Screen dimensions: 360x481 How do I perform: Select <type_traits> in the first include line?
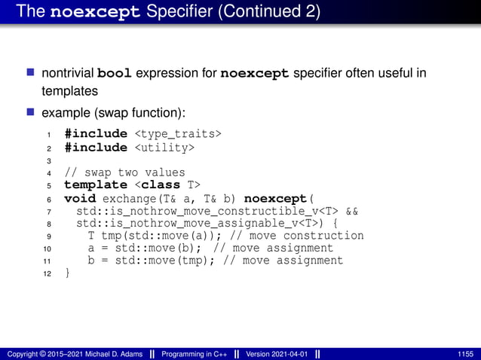[x=178, y=133]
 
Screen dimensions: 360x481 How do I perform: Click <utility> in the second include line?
[x=164, y=147]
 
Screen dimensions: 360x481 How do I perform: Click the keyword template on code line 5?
[x=95, y=185]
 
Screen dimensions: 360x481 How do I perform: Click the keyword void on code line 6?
[x=80, y=198]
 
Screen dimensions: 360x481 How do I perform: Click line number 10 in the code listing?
[x=47, y=249]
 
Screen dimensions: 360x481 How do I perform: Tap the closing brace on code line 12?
[x=68, y=273]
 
